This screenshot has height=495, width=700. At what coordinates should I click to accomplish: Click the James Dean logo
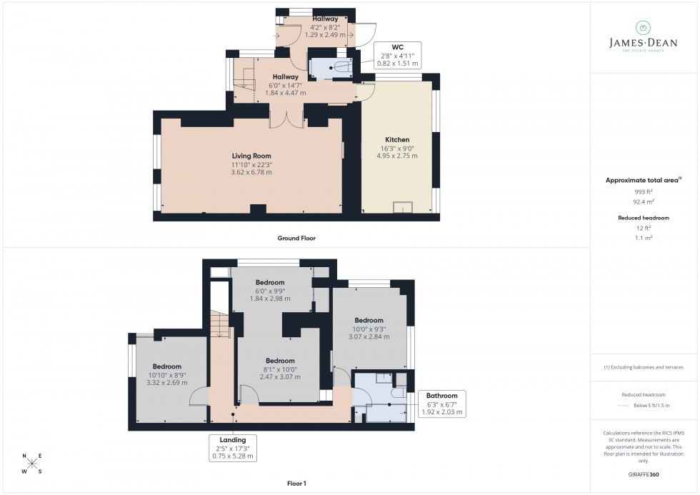(642, 36)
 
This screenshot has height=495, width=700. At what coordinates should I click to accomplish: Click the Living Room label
(251, 156)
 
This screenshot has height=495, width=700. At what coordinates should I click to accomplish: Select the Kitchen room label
(397, 139)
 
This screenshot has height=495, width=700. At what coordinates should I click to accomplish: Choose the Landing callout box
(233, 448)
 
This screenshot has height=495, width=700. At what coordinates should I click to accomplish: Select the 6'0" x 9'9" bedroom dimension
(270, 294)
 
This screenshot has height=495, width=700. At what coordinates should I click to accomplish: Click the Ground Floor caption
(296, 239)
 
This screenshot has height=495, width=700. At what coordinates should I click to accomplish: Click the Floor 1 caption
(296, 484)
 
